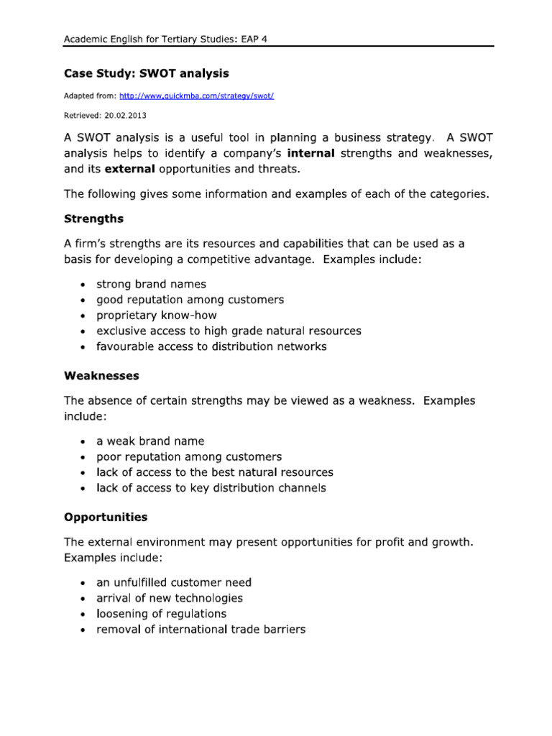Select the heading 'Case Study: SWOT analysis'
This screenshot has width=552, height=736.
tap(147, 73)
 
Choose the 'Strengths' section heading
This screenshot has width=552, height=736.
tap(94, 218)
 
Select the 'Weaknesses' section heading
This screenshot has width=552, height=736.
tap(102, 376)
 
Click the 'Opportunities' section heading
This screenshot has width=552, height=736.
tap(106, 517)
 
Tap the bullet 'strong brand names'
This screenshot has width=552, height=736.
tap(151, 284)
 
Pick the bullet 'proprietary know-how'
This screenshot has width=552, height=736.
tap(156, 316)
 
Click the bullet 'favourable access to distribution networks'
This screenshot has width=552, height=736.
tap(211, 346)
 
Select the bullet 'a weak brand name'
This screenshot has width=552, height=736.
tap(150, 441)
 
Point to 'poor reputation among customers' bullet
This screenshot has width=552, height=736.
tap(189, 457)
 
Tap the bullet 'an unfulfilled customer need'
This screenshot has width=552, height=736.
tap(174, 582)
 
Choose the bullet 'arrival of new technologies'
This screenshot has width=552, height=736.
tap(170, 598)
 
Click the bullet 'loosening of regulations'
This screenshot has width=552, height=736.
tap(161, 614)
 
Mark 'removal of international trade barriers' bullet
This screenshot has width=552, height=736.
tap(201, 630)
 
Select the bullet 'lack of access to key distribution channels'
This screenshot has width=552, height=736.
tap(211, 488)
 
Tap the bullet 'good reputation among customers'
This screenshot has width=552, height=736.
tap(190, 300)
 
